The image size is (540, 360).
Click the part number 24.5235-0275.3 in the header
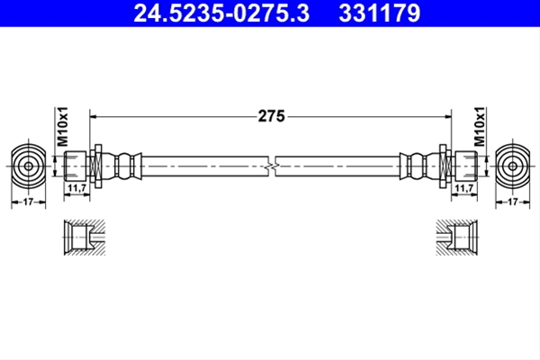221,13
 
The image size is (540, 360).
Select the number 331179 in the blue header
380,13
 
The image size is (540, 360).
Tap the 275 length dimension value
272,116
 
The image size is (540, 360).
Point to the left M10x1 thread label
63,126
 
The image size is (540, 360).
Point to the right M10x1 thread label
479,126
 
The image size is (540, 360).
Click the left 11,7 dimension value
76,188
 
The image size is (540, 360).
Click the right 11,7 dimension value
464,188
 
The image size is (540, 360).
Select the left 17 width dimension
28,202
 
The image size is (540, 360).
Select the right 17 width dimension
513,202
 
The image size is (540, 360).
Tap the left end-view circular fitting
28,166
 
